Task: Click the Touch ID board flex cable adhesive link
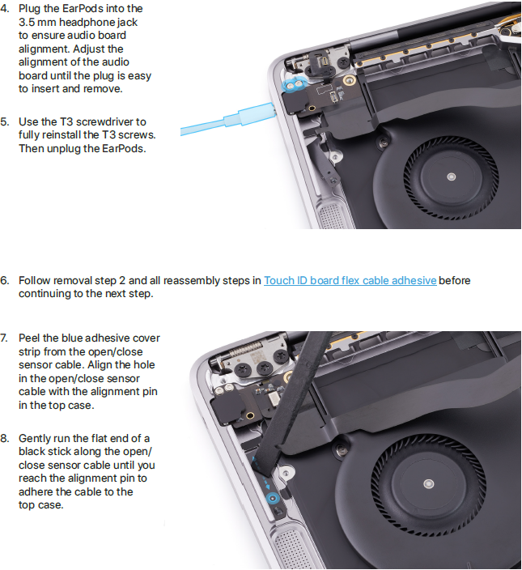pyautogui.click(x=350, y=281)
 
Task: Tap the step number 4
pyautogui.click(x=5, y=9)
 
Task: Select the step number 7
pyautogui.click(x=4, y=338)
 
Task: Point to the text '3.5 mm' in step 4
pyautogui.click(x=37, y=22)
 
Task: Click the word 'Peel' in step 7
pyautogui.click(x=29, y=338)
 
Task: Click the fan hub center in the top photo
pyautogui.click(x=451, y=177)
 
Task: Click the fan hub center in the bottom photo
pyautogui.click(x=429, y=484)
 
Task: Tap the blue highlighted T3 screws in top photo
pyautogui.click(x=295, y=85)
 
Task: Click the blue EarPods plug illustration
pyautogui.click(x=228, y=119)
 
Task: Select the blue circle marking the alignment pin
pyautogui.click(x=273, y=499)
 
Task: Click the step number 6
pyautogui.click(x=4, y=281)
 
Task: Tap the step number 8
pyautogui.click(x=4, y=438)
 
